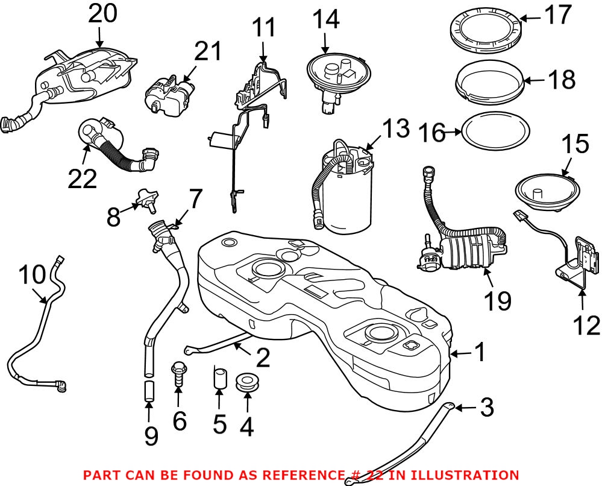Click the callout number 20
click(x=102, y=14)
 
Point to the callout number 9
click(x=150, y=436)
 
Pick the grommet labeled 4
click(x=248, y=382)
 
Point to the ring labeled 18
click(x=489, y=81)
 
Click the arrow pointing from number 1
click(x=462, y=353)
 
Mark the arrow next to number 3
click(x=465, y=408)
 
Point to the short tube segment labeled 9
click(x=149, y=391)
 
